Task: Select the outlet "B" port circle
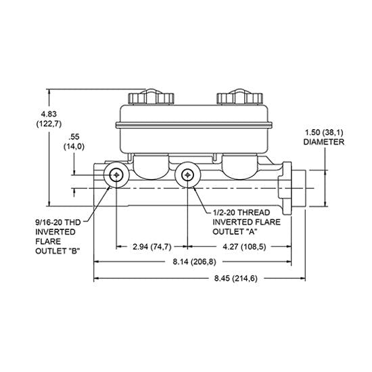pos(117,176)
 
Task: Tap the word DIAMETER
pos(324,143)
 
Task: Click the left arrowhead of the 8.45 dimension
pos(97,277)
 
